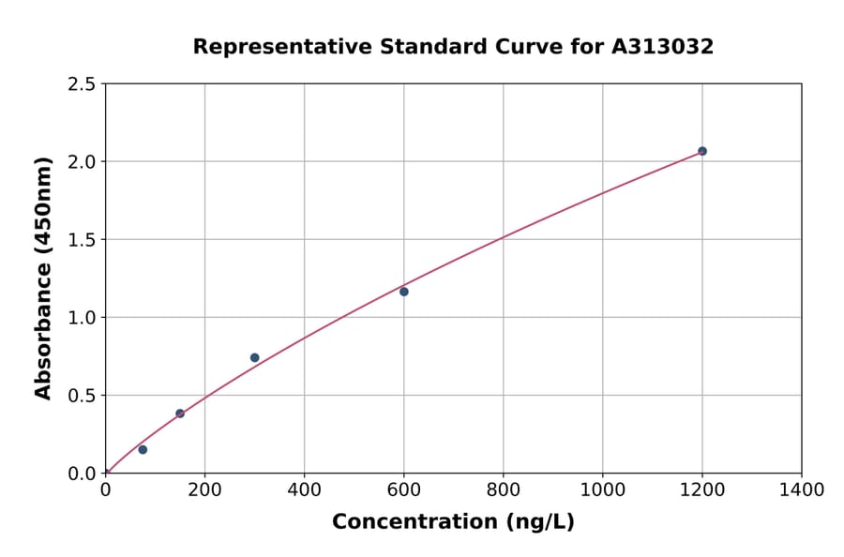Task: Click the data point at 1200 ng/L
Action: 701,151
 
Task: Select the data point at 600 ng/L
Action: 404,292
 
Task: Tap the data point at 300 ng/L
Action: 255,357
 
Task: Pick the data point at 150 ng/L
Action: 180,414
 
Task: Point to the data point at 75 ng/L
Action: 143,449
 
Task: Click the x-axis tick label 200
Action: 204,490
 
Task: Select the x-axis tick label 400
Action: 304,490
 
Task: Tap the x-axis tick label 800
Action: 504,490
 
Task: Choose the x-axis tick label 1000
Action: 603,490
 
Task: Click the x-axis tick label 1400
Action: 802,490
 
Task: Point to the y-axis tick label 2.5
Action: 82,84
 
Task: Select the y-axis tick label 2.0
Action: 82,162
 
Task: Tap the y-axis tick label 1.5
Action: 82,240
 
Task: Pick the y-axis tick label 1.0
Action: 82,318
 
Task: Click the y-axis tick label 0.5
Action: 82,396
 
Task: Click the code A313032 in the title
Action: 663,46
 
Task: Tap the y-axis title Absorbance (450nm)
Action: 43,278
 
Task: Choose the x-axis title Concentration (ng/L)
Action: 453,522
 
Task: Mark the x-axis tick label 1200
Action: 702,490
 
